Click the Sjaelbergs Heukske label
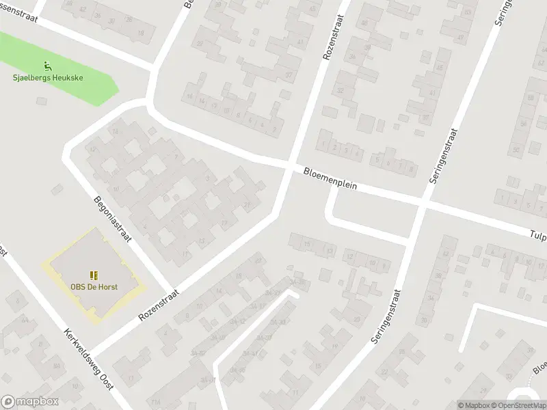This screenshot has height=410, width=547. click(48, 78)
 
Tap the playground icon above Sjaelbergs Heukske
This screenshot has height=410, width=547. click(48, 66)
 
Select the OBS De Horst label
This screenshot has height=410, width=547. click(94, 286)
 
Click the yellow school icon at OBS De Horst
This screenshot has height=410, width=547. click(94, 275)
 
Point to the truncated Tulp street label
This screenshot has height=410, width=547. click(537, 234)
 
